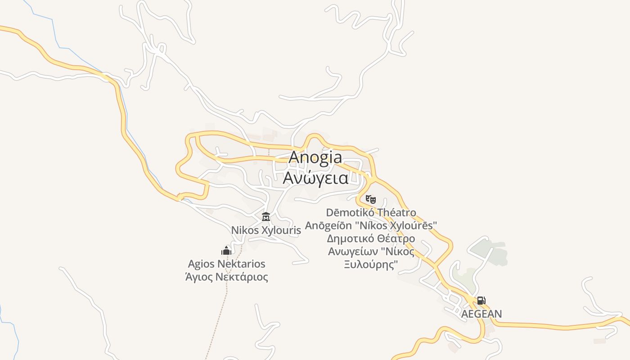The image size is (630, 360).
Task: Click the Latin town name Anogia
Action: [x=315, y=157]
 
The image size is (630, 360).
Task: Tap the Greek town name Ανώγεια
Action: [x=315, y=178]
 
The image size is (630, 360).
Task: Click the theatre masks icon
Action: [x=370, y=198]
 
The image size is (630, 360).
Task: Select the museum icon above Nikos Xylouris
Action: [x=266, y=217]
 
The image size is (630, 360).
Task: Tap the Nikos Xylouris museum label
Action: [x=265, y=230]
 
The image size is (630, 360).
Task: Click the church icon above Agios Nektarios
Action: [x=226, y=251]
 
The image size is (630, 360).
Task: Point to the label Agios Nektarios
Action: [x=226, y=264]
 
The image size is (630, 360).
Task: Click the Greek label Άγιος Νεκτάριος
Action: [x=226, y=277]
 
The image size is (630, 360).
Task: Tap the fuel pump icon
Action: [x=481, y=301]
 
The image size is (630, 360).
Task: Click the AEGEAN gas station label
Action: [x=481, y=314]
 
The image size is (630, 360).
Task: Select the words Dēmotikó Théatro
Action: [x=371, y=212]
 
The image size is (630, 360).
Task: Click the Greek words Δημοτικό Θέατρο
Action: [x=371, y=238]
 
